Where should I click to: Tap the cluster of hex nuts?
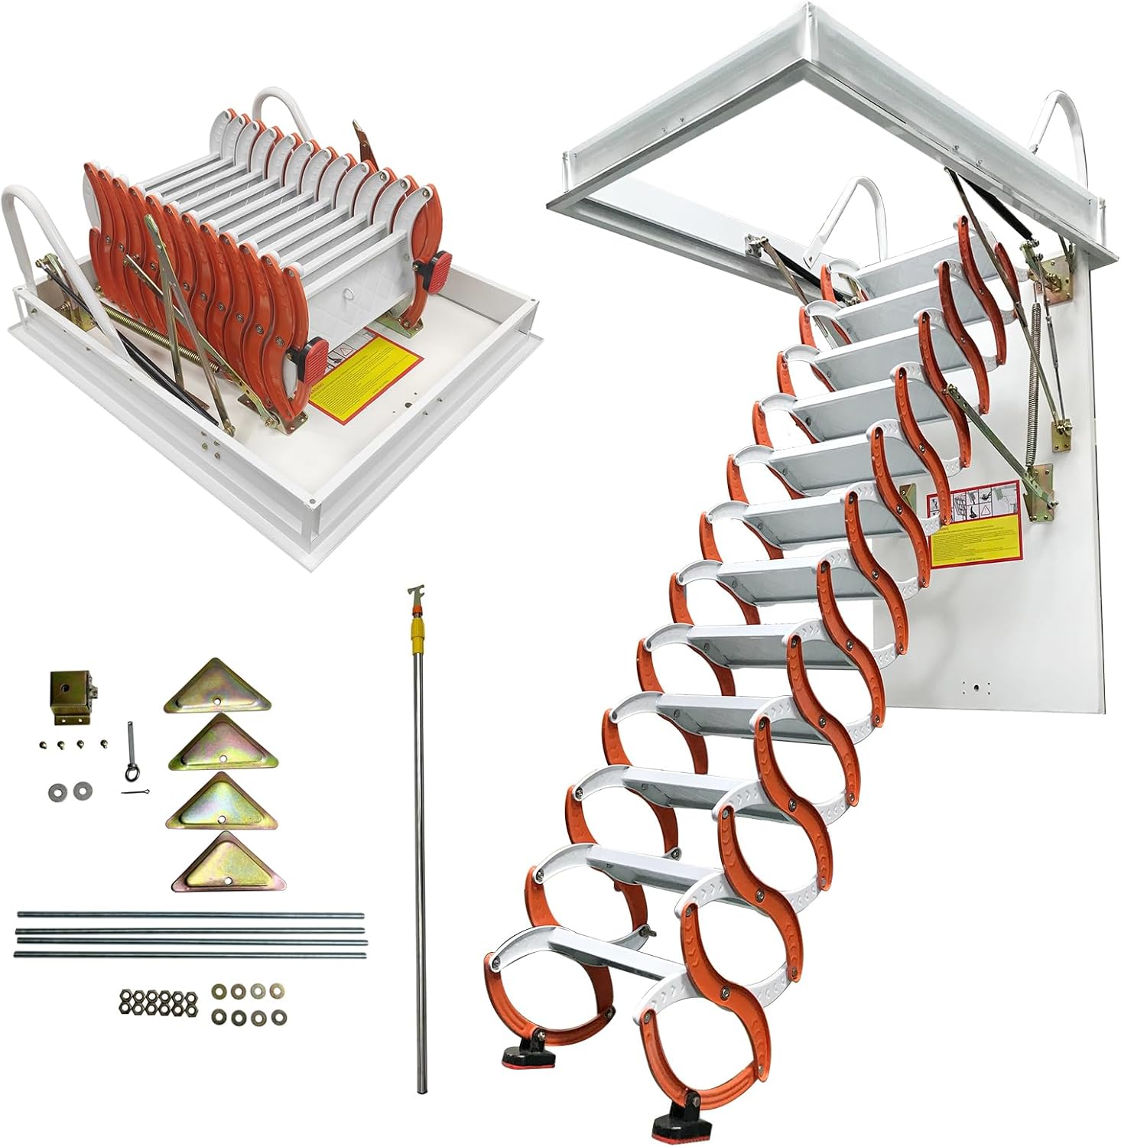158,1002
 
